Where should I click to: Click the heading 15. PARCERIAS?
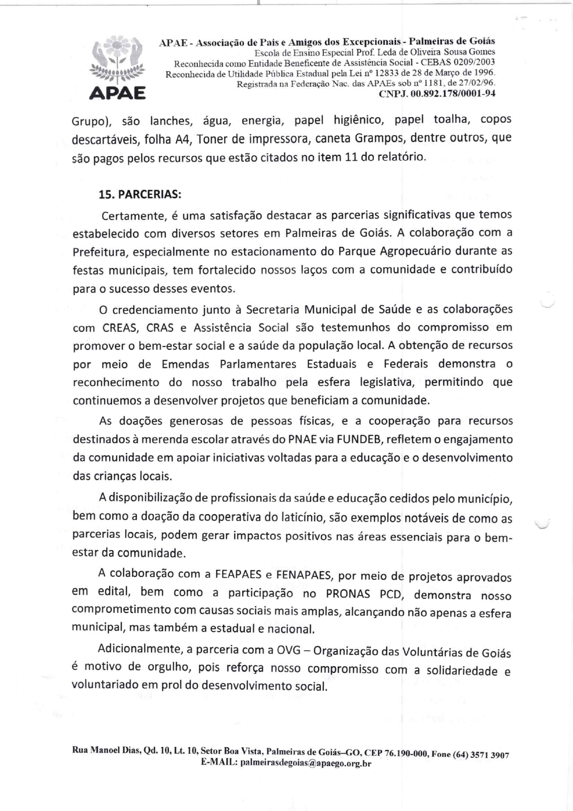[x=140, y=195]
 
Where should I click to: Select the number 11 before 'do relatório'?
[x=351, y=157]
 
